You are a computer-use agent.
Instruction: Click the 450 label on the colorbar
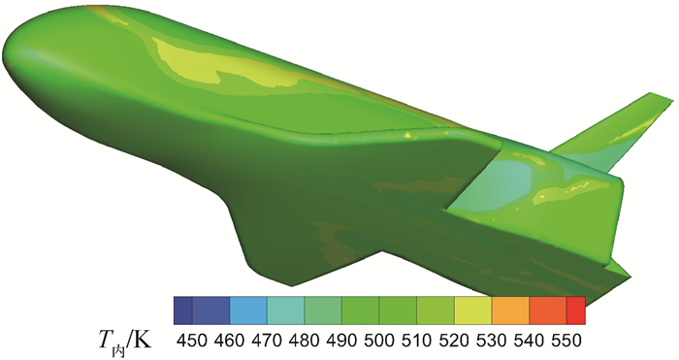192,341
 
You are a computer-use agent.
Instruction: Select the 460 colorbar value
229,341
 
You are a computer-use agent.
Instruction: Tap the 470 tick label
267,341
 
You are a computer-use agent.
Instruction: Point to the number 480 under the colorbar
304,341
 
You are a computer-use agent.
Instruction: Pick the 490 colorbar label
341,341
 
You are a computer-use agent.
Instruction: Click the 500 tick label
379,341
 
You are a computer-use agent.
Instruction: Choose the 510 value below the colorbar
416,341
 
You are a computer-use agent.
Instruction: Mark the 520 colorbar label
454,341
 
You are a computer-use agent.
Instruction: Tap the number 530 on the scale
491,341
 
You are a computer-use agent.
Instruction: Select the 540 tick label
529,341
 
